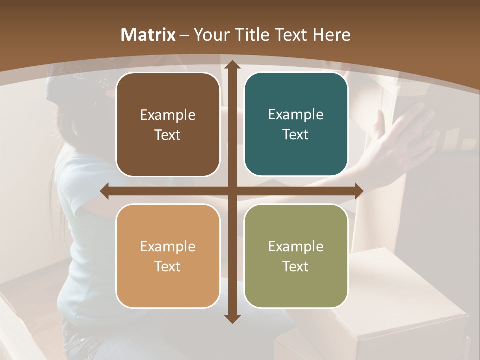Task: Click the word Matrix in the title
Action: tap(148, 35)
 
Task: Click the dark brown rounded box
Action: tap(168, 124)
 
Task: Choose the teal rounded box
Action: tap(296, 124)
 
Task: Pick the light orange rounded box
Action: tap(168, 256)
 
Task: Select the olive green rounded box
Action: tap(296, 256)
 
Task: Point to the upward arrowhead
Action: tap(232, 64)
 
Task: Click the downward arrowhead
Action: tap(232, 318)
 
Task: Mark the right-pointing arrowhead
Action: tap(358, 191)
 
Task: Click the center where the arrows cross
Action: tap(232, 191)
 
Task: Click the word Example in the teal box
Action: tap(296, 115)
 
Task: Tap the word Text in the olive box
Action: tap(296, 266)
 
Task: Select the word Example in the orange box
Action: tap(168, 246)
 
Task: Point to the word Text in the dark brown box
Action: tap(168, 135)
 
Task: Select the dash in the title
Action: tap(184, 35)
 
